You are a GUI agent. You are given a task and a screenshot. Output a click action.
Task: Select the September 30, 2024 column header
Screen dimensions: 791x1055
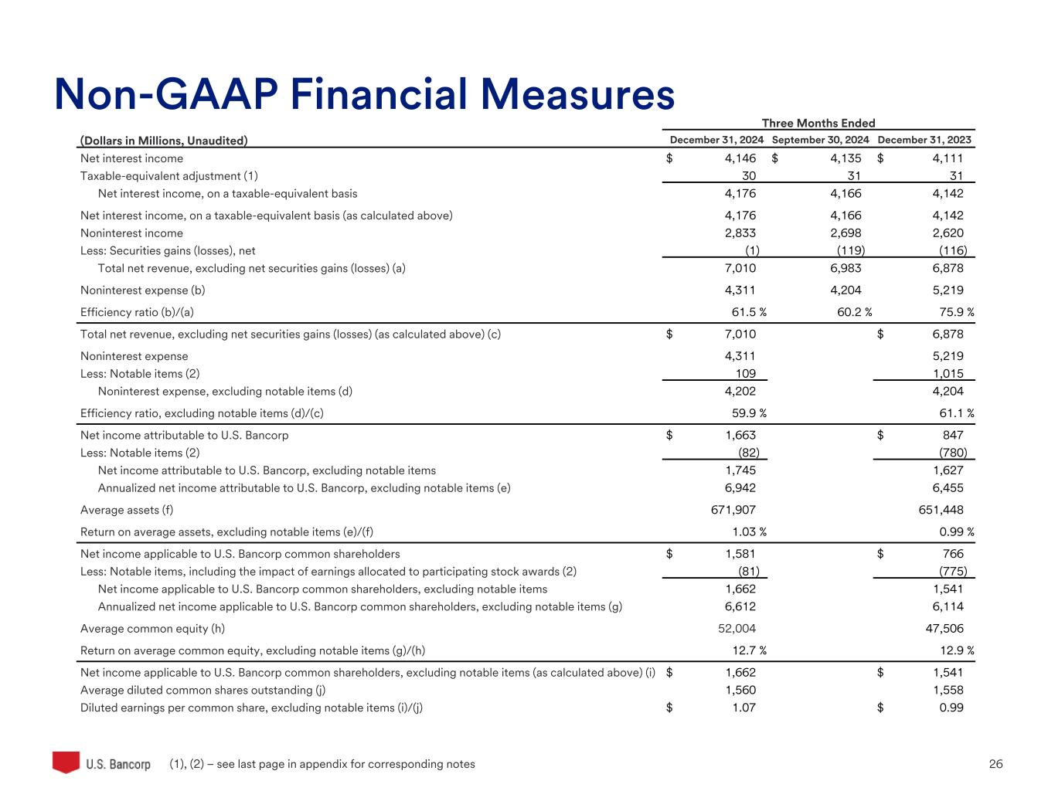pyautogui.click(x=820, y=140)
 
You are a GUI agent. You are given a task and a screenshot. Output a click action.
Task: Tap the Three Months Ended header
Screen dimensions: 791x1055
pyautogui.click(x=818, y=123)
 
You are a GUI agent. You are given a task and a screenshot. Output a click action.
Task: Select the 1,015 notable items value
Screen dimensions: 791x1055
pyautogui.click(x=950, y=373)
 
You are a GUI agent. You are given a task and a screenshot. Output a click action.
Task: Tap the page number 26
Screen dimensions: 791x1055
pyautogui.click(x=995, y=764)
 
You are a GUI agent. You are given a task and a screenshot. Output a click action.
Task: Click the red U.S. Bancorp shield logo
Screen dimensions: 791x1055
pyautogui.click(x=66, y=762)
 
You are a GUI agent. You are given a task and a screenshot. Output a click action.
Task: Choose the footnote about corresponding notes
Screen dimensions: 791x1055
pyautogui.click(x=322, y=764)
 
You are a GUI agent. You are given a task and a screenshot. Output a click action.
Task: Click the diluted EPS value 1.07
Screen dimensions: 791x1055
pyautogui.click(x=744, y=708)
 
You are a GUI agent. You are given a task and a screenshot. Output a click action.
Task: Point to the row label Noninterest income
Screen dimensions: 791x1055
pyautogui.click(x=131, y=233)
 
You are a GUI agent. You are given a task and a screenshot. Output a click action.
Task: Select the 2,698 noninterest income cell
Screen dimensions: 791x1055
pyautogui.click(x=845, y=233)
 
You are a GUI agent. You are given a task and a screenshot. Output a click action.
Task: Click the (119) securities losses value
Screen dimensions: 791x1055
pyautogui.click(x=850, y=250)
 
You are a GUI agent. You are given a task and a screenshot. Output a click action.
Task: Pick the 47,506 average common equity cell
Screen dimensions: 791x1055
pyautogui.click(x=938, y=629)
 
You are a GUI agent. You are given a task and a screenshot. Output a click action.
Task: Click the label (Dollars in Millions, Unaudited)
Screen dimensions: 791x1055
pyautogui.click(x=164, y=140)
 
